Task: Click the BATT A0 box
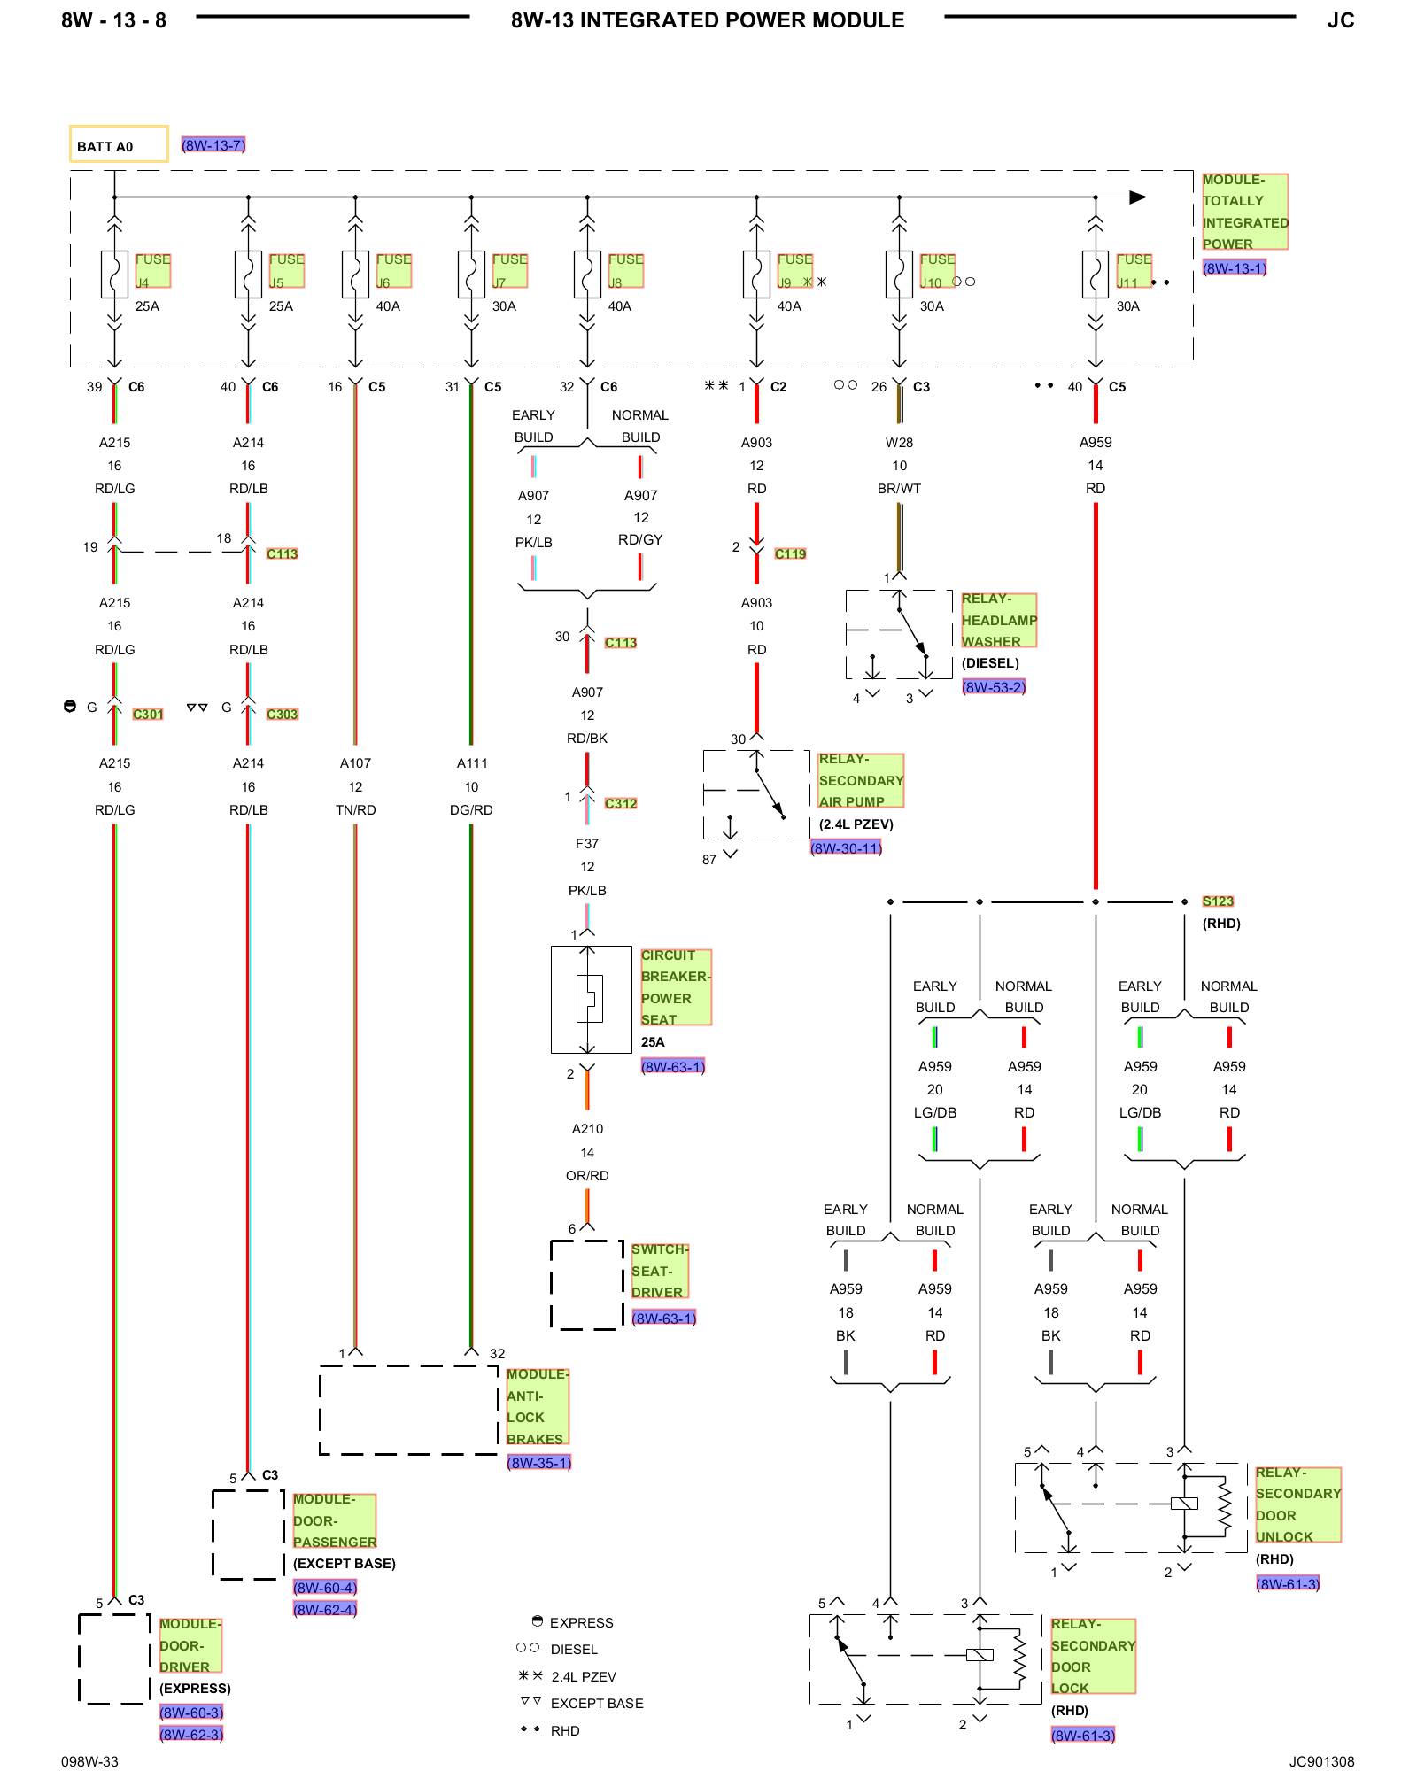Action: point(119,143)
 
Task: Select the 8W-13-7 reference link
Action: point(213,145)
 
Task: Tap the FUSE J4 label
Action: point(152,270)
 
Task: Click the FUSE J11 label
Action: point(1134,270)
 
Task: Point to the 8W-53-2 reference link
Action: point(994,687)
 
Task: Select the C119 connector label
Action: point(790,554)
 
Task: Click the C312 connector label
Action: point(621,804)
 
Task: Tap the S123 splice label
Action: point(1218,901)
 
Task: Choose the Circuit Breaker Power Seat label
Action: point(676,987)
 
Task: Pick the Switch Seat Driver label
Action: point(660,1271)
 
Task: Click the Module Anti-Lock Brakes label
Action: point(538,1406)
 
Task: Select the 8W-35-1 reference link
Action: point(538,1463)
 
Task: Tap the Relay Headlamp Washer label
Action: point(999,620)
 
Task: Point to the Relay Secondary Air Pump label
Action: point(861,780)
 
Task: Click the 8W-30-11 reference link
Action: point(846,848)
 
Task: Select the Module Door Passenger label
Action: point(335,1520)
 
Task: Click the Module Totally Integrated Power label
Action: point(1245,212)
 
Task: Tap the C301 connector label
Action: point(148,715)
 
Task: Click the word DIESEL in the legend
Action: point(574,1650)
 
